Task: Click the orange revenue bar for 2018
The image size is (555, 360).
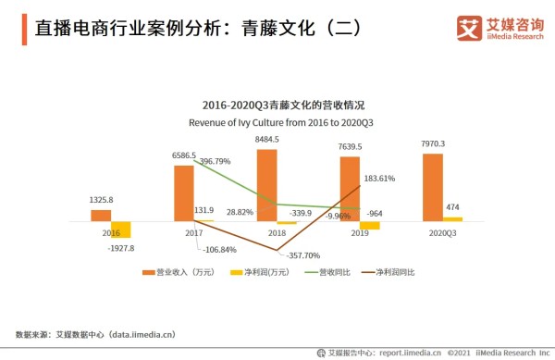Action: point(266,185)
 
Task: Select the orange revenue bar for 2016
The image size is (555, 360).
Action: point(101,216)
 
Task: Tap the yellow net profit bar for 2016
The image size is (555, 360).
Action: point(121,230)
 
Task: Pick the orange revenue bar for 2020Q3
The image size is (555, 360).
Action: point(432,187)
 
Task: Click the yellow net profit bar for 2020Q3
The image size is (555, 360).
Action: point(452,218)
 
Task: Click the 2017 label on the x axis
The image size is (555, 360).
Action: point(193,234)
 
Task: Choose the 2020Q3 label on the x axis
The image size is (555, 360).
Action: point(442,234)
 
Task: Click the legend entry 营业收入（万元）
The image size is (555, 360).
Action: point(185,272)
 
